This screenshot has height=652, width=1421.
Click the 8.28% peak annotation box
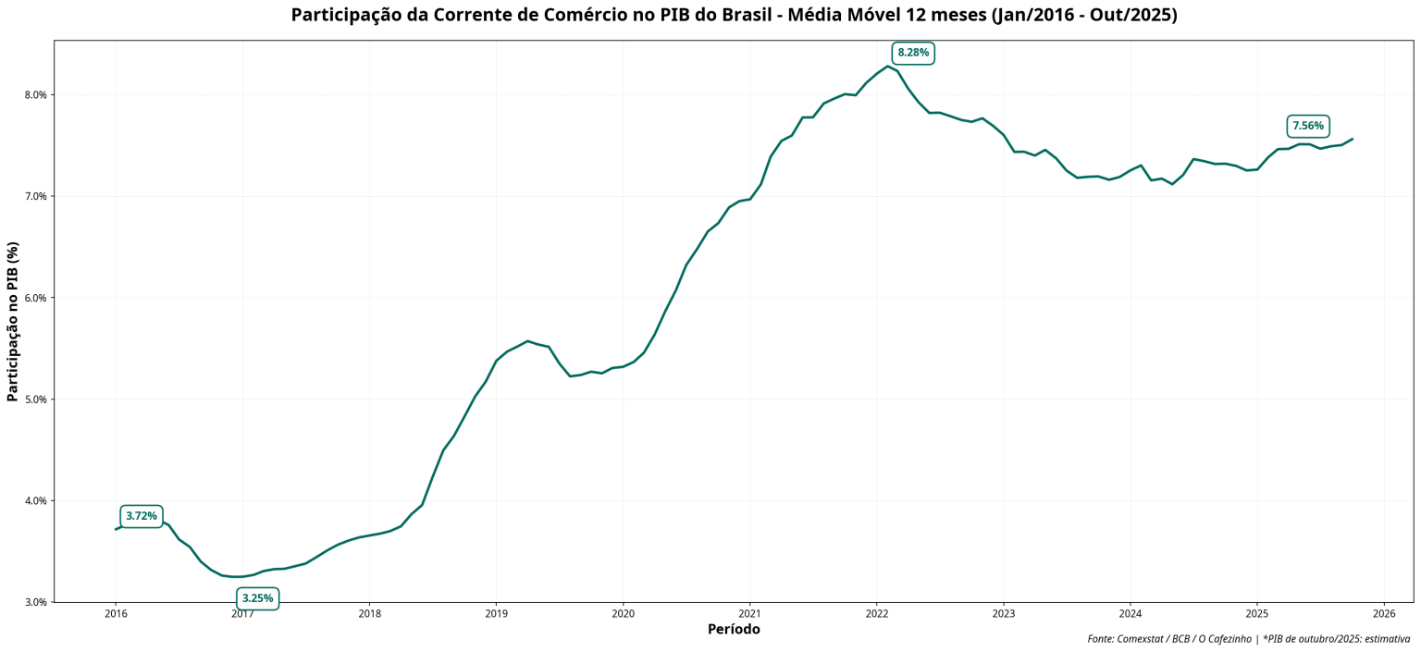click(x=912, y=53)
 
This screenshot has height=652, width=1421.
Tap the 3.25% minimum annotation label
click(x=257, y=598)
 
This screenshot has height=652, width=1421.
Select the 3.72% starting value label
click(x=142, y=516)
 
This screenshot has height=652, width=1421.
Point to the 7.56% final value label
click(x=1307, y=126)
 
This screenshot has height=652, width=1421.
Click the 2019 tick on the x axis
click(x=496, y=613)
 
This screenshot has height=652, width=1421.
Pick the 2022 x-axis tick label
click(x=876, y=613)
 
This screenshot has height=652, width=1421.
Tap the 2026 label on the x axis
click(x=1383, y=613)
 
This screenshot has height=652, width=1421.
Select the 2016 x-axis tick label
click(x=116, y=613)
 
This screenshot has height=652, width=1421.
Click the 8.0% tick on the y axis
click(x=35, y=95)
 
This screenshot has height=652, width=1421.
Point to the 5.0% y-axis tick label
click(x=35, y=400)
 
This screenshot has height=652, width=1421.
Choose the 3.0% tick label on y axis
click(x=35, y=602)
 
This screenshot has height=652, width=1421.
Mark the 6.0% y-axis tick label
click(x=35, y=298)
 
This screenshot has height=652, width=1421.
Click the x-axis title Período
click(x=733, y=630)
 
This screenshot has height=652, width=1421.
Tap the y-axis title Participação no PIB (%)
click(x=12, y=321)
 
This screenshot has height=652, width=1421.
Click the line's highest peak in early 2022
click(x=887, y=66)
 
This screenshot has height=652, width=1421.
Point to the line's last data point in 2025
click(x=1352, y=140)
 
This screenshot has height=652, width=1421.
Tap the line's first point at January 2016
click(x=116, y=529)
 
